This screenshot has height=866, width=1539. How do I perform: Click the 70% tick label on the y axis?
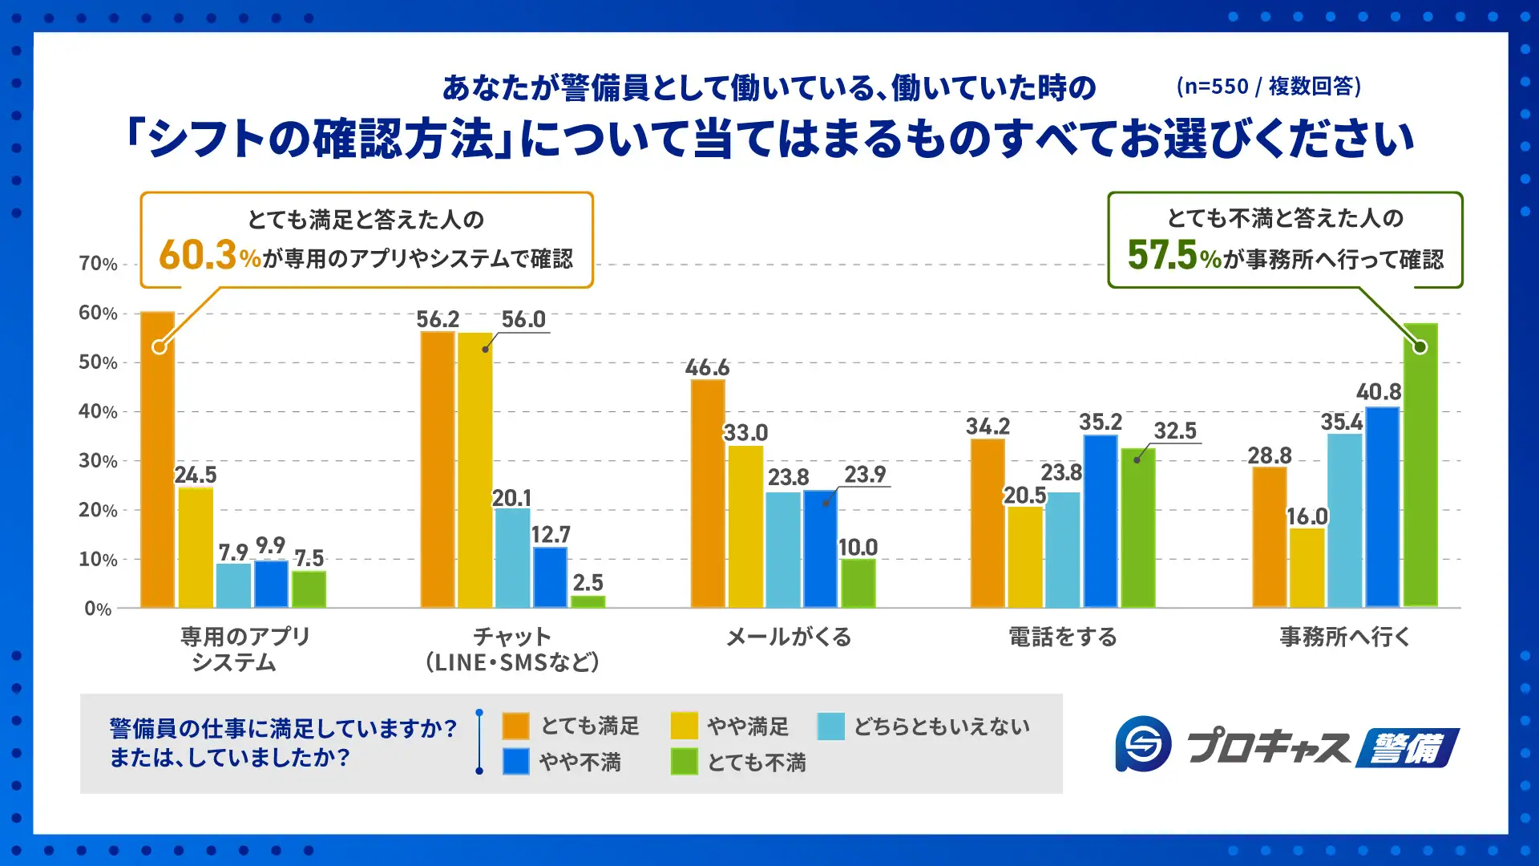tap(98, 264)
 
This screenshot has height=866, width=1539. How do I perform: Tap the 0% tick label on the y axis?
tap(98, 609)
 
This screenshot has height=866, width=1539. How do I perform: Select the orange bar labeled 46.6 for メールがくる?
tap(708, 493)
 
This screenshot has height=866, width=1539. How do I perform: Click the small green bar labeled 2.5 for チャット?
tap(588, 601)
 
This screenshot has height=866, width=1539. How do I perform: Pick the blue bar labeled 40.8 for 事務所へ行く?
tap(1383, 507)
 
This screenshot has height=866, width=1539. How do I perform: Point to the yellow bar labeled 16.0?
tap(1307, 568)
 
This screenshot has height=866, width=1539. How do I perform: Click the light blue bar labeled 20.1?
tap(512, 558)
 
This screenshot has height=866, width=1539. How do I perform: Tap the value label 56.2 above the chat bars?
tap(438, 319)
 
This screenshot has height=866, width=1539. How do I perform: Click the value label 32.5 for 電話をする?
tap(1175, 431)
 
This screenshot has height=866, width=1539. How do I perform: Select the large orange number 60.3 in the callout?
tap(197, 255)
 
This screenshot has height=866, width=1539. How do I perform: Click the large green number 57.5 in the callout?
tap(1161, 255)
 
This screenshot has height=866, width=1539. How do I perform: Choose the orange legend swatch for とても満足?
tap(515, 726)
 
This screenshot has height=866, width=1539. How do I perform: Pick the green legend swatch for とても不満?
tap(684, 761)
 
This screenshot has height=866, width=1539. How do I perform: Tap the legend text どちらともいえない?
tap(941, 726)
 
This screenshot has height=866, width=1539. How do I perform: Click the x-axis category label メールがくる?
tap(789, 637)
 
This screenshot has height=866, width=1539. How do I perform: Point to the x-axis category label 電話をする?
tap(1063, 637)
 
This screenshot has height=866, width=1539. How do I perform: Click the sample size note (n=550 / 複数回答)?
tap(1268, 86)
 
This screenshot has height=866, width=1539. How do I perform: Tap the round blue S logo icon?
tap(1143, 744)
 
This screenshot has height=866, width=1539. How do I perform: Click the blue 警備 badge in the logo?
tap(1407, 747)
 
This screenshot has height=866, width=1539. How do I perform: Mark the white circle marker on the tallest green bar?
tap(1420, 347)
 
